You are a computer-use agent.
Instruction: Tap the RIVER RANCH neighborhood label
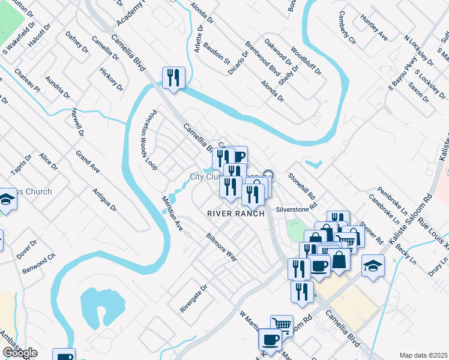(236, 214)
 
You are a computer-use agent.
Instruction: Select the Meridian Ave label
(172, 213)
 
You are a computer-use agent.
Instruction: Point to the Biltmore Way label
(221, 247)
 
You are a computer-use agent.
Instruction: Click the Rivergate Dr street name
(193, 298)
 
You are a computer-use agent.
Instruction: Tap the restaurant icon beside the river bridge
(173, 78)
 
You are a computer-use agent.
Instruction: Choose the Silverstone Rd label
(296, 209)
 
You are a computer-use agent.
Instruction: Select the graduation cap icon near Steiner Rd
(373, 266)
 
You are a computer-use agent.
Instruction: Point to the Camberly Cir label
(347, 28)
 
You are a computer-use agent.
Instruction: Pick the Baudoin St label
(217, 53)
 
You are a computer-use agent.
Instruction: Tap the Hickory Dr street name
(111, 79)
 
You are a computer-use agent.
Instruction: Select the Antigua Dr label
(104, 199)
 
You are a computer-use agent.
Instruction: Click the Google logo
(20, 353)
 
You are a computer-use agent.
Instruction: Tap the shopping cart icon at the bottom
(282, 326)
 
